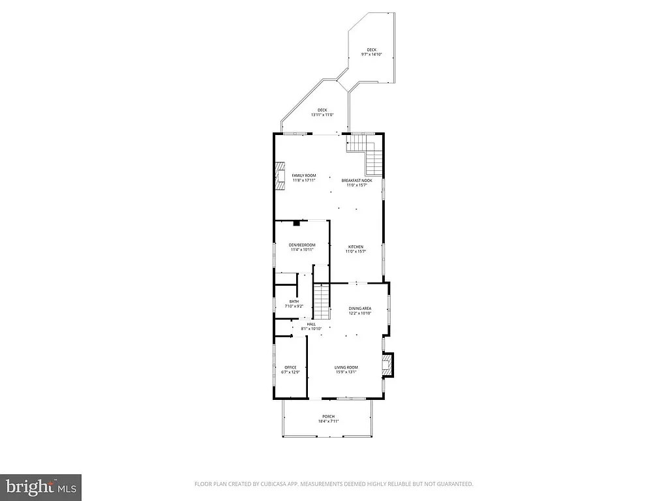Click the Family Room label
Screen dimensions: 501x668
[x=304, y=176]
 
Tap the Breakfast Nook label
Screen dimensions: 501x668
[x=357, y=180]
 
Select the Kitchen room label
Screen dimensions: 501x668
[x=356, y=247]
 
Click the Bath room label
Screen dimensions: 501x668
[x=294, y=301]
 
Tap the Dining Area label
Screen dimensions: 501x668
[x=359, y=309]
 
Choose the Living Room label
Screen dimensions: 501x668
[x=346, y=367]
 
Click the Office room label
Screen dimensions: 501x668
[x=290, y=367]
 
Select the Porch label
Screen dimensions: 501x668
[x=328, y=416]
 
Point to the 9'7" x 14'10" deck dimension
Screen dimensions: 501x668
[x=371, y=55]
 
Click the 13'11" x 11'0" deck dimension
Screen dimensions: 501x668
[x=322, y=115]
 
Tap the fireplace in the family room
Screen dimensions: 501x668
[x=280, y=176]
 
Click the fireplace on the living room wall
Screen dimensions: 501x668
[x=387, y=365]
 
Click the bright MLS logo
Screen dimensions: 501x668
[x=40, y=486]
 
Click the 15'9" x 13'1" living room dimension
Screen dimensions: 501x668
[x=346, y=372]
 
